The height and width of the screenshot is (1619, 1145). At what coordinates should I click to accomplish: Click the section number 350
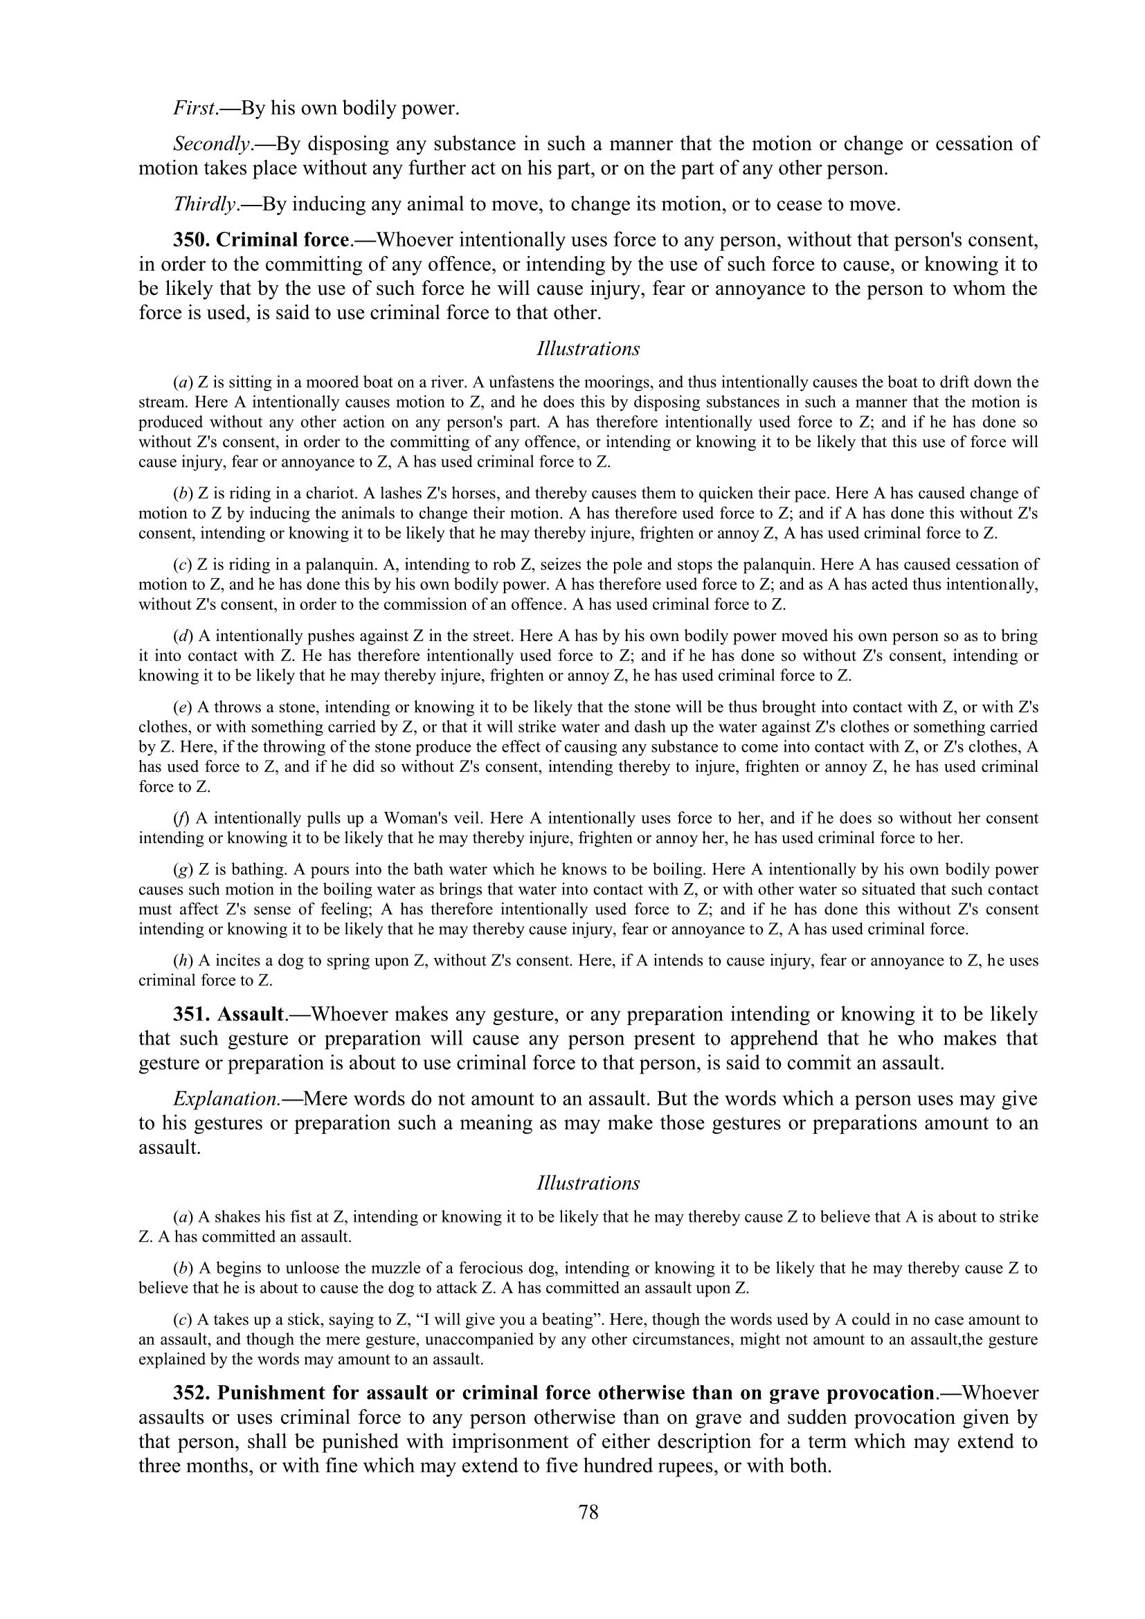pos(191,239)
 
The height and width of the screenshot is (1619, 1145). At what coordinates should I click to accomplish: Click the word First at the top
pos(194,109)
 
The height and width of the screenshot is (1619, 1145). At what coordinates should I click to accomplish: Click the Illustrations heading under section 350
pos(588,349)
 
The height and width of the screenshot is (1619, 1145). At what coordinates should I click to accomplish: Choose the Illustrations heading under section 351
pos(588,1183)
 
